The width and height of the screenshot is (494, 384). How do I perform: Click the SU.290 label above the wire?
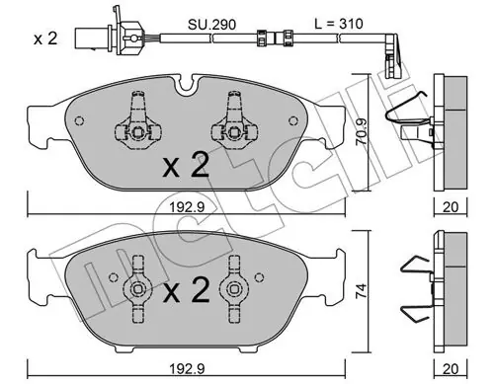(x=211, y=25)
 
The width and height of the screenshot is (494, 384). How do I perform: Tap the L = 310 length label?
(x=339, y=24)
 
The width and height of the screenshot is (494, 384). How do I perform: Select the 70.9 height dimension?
(x=362, y=131)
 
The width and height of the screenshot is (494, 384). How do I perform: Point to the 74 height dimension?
(x=361, y=290)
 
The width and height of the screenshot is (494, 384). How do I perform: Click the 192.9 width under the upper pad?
(x=187, y=207)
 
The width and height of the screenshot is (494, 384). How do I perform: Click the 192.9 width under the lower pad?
(x=187, y=369)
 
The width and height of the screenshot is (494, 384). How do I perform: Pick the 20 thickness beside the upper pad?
(x=451, y=207)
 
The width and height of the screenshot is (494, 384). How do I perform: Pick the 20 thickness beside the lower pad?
(x=451, y=369)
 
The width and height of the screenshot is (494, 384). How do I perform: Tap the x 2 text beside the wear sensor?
(x=45, y=38)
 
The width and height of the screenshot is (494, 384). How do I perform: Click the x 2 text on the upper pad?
(x=186, y=166)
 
